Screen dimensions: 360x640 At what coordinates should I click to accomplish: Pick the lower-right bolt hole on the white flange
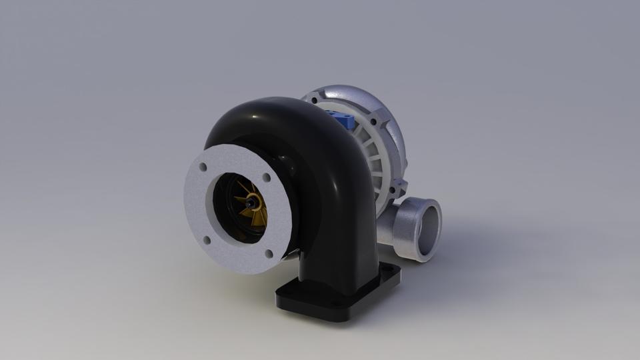pyautogui.click(x=268, y=253)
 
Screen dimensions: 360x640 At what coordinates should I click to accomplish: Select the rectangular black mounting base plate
pyautogui.click(x=333, y=300)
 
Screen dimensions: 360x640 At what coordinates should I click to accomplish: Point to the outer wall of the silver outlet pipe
pyautogui.click(x=400, y=233)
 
